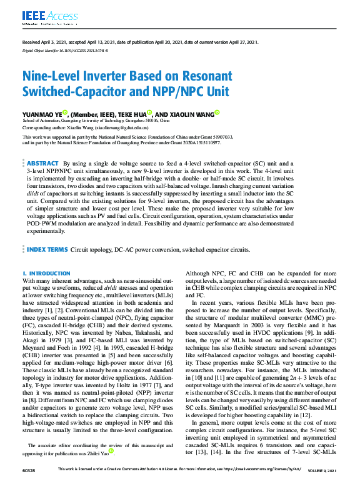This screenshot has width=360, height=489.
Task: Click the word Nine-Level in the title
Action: (54, 76)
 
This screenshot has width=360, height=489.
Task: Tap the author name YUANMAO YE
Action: (42, 114)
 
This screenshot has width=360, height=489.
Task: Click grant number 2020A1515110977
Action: (199, 142)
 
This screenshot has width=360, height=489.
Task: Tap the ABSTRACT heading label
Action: (42, 162)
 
